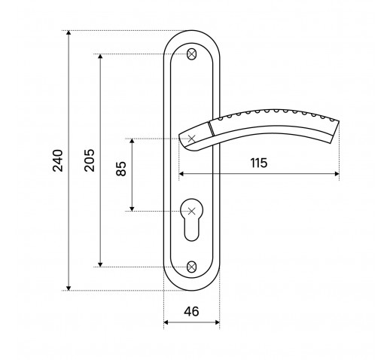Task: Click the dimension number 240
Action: point(58,160)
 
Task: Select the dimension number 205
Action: point(90,160)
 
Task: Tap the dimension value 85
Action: point(121,169)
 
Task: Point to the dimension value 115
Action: point(259,163)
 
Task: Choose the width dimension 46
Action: point(191,312)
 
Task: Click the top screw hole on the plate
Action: point(191,54)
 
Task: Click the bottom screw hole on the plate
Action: point(191,267)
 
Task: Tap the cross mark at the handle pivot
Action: point(191,139)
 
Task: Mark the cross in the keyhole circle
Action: point(191,211)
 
